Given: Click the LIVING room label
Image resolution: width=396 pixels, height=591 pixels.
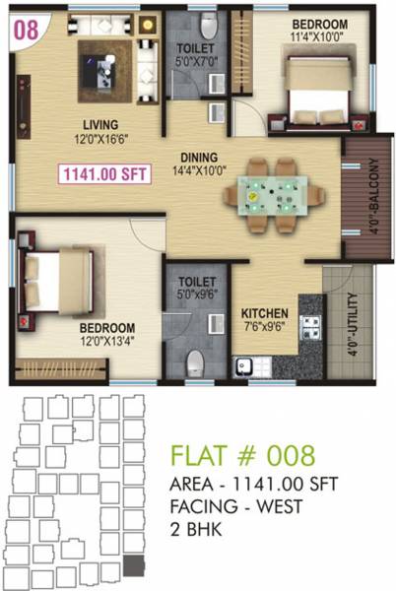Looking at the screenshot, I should (100, 124).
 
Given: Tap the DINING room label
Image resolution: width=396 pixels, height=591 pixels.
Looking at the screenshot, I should (199, 157).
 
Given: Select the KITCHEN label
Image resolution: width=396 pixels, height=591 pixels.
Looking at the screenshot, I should (264, 304).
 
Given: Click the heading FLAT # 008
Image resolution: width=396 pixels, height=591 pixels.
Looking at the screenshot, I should (242, 456).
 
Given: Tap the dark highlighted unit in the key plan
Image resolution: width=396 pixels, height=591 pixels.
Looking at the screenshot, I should (137, 564).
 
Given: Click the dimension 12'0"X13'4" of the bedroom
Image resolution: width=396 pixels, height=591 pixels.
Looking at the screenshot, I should (108, 344).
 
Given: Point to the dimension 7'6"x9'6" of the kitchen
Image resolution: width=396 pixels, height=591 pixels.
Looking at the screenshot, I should (264, 320).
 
